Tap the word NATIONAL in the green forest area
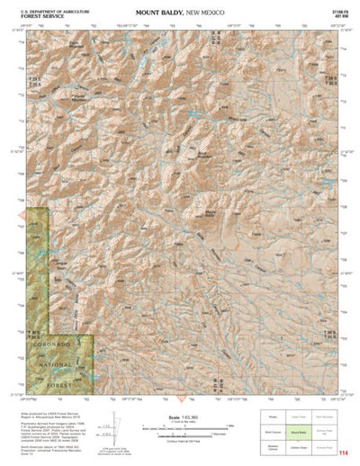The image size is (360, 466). coord(56,365)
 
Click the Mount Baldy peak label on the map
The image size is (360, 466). coord(211,212)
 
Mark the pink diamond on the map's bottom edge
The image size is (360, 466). coord(183,397)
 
